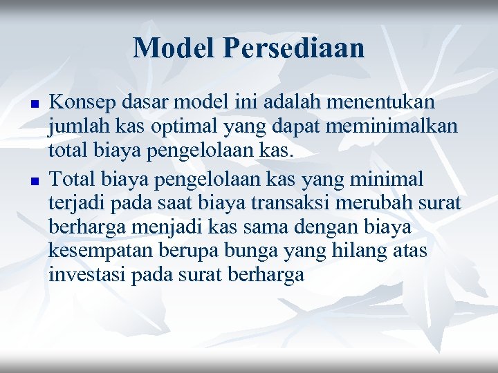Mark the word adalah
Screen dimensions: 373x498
click(x=301, y=103)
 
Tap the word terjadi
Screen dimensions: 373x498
click(x=73, y=204)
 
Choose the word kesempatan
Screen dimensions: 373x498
click(x=97, y=251)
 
